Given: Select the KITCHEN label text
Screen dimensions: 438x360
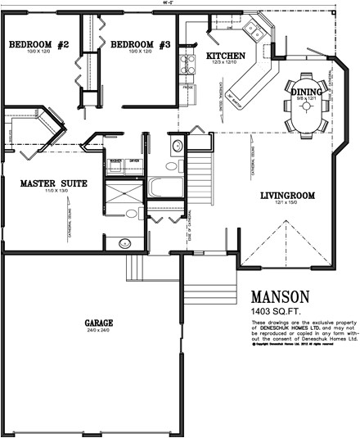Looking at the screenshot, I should [x=223, y=55].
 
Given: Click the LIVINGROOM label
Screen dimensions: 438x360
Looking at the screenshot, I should [x=286, y=196].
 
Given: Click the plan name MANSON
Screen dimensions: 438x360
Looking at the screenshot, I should [x=280, y=296].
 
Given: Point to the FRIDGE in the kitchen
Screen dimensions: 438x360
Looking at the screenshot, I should [x=187, y=85].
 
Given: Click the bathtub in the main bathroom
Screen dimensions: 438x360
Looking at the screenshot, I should [x=167, y=187].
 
